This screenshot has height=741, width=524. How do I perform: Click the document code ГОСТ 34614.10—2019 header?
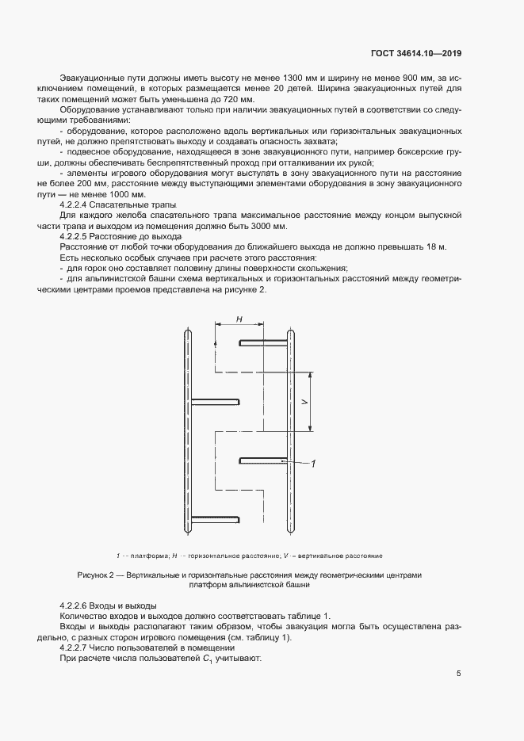[416, 54]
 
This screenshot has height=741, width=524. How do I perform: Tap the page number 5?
[459, 674]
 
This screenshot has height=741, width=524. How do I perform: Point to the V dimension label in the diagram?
[304, 402]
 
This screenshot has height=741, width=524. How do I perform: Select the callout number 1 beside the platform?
[314, 464]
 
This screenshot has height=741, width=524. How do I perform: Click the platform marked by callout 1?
[262, 459]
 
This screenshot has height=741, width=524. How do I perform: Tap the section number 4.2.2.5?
[78, 237]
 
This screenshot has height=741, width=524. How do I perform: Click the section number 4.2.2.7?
[78, 648]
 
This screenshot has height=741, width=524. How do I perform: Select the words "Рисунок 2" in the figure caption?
[97, 575]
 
